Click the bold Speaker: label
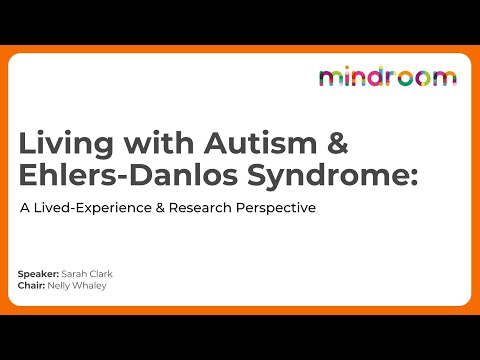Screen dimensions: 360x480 pos(39,273)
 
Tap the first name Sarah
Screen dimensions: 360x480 pos(75,273)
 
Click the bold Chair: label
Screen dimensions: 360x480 pos(32,284)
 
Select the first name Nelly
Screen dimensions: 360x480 pos(61,284)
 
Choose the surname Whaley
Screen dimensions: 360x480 pos(91,284)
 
